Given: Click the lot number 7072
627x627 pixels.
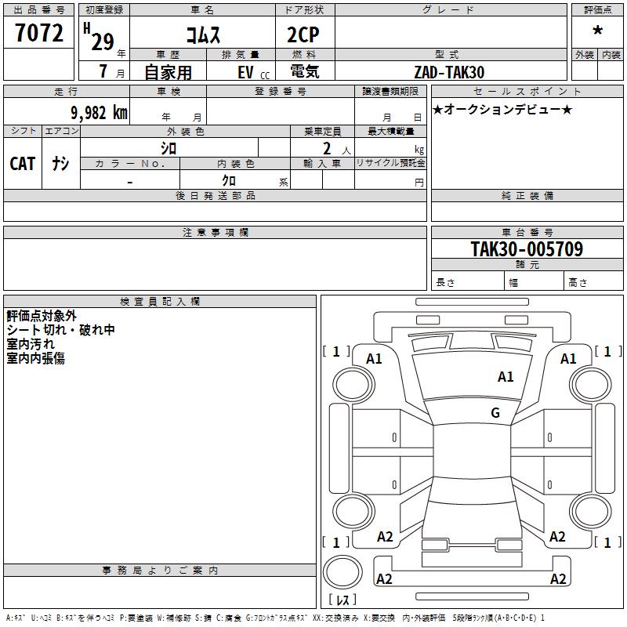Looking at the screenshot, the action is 39,32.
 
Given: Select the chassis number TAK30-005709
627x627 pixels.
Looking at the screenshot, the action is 527,248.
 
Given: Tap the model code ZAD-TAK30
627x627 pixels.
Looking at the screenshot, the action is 449,72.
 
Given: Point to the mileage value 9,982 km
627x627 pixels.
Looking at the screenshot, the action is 100,113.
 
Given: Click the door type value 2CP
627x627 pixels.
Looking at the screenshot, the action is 303,34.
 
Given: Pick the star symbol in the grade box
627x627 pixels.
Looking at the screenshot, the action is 597,31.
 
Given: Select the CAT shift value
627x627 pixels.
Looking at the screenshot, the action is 23,164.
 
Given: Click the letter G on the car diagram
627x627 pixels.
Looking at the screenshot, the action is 495,412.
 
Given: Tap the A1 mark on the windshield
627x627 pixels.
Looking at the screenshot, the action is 506,377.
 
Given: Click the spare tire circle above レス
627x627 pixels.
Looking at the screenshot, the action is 342,572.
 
